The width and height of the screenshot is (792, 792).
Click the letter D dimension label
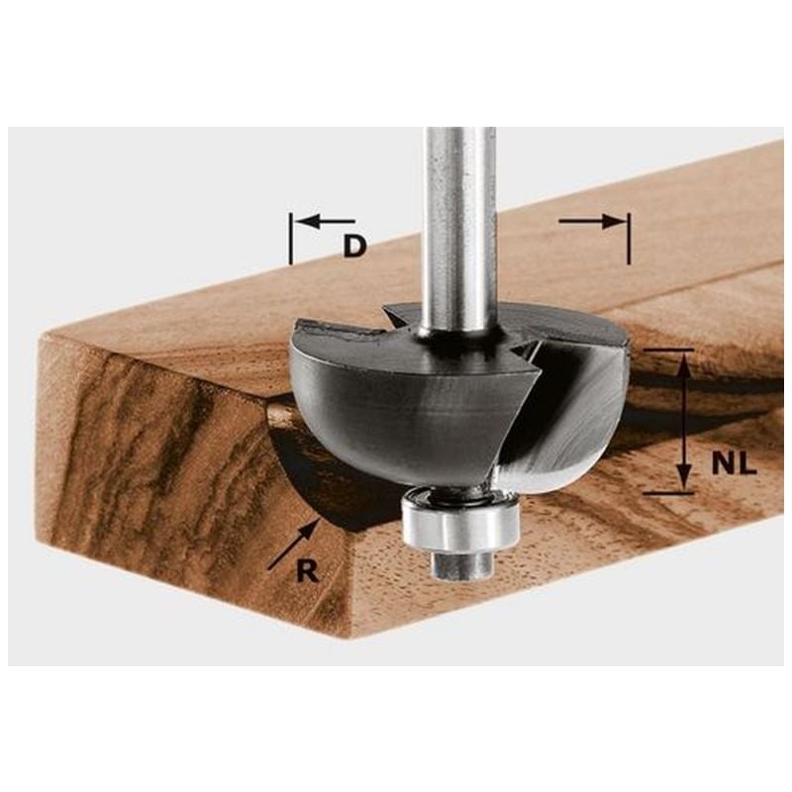[x=354, y=246]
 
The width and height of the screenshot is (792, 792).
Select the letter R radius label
[x=307, y=571]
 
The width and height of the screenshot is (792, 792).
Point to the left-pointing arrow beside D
[x=324, y=221]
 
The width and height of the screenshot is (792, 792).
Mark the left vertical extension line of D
[x=290, y=238]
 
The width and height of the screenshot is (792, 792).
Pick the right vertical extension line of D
[x=629, y=238]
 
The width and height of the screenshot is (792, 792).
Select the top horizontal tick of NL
[x=668, y=349]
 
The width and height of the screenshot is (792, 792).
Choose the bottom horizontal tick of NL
[x=668, y=492]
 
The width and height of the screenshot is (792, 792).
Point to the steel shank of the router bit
[x=458, y=228]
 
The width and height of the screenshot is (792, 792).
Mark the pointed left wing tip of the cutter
[x=297, y=327]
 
